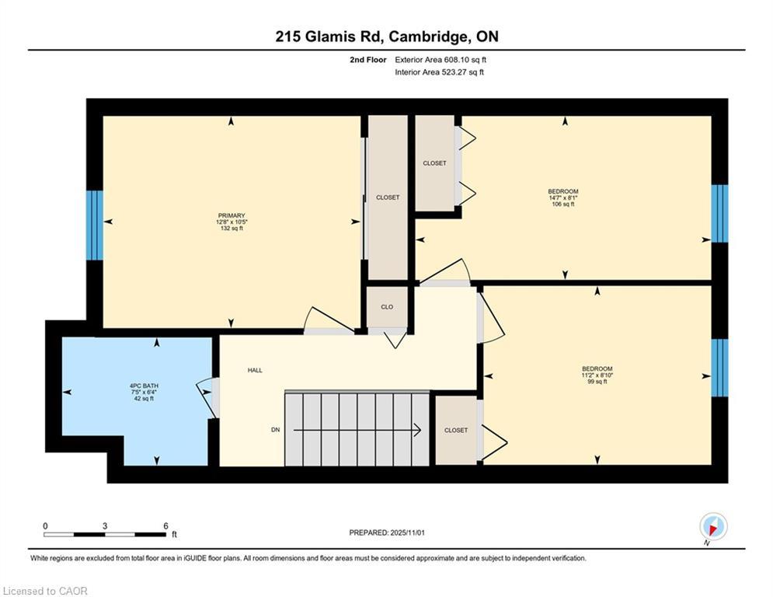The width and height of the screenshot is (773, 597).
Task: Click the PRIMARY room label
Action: click(232, 215)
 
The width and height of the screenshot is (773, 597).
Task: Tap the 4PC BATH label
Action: click(144, 386)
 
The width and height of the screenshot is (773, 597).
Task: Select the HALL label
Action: click(255, 370)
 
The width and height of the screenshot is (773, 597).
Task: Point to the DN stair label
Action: click(276, 430)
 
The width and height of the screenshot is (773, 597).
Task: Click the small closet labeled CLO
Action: click(387, 307)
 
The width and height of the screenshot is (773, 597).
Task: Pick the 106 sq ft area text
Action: click(563, 204)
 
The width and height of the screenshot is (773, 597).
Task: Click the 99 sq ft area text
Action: click(597, 382)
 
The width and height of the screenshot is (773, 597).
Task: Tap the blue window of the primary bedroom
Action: click(95, 225)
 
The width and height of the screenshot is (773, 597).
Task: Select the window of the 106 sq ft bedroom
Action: click(719, 214)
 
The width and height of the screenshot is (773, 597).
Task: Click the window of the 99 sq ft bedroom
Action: click(719, 368)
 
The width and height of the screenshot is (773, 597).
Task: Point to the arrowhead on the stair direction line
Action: click(417, 430)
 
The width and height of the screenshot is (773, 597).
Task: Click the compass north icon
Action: click(713, 526)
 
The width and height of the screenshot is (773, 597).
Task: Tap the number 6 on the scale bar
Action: click(165, 526)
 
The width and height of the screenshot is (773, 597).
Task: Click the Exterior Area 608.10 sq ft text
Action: click(440, 60)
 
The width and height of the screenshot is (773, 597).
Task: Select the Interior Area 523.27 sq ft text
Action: click(439, 72)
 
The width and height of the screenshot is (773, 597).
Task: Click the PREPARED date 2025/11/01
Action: click(407, 532)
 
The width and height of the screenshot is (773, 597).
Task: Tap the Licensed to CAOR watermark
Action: click(45, 591)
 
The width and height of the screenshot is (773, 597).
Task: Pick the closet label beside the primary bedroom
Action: click(388, 197)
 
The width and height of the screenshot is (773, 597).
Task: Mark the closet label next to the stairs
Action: click(456, 430)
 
